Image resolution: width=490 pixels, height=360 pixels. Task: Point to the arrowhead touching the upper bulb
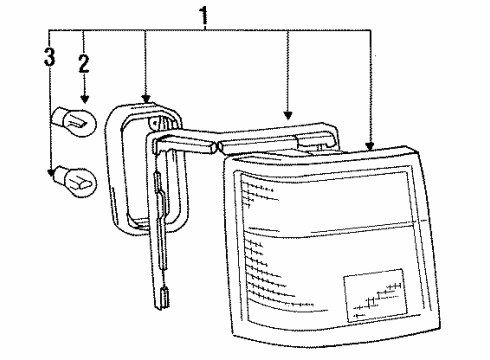coord(84,102)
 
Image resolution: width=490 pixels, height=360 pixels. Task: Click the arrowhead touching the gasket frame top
coord(146,98)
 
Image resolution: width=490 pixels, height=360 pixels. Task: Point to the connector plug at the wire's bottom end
coord(165,297)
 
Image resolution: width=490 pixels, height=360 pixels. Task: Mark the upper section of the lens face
coord(320,195)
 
